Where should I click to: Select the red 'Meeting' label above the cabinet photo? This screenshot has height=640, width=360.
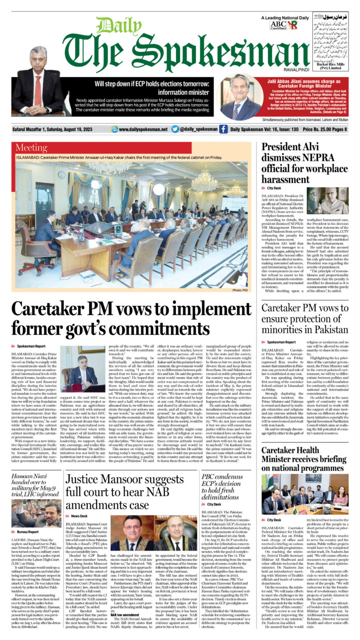(x=32, y=148)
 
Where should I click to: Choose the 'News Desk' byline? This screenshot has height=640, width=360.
(x=80, y=516)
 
